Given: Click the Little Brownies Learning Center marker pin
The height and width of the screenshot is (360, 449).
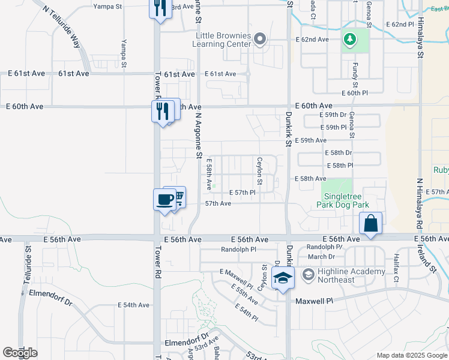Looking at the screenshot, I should pos(259,40).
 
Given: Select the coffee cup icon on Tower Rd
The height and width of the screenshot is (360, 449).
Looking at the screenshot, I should pos(164,200).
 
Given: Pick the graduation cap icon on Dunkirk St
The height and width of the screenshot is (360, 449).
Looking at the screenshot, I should pos(282,278).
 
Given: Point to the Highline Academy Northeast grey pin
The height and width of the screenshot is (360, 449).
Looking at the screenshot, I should pos(309,275).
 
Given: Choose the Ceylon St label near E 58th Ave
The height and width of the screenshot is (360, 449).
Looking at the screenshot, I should pos(260,171).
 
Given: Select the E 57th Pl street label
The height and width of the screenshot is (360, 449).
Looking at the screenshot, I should pos(243,192).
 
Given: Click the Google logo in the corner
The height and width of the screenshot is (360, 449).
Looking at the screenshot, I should pos(19,353).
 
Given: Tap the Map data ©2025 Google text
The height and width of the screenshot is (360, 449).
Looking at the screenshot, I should pos(412,355).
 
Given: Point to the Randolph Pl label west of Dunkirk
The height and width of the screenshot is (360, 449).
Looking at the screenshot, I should pos(238,249).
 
